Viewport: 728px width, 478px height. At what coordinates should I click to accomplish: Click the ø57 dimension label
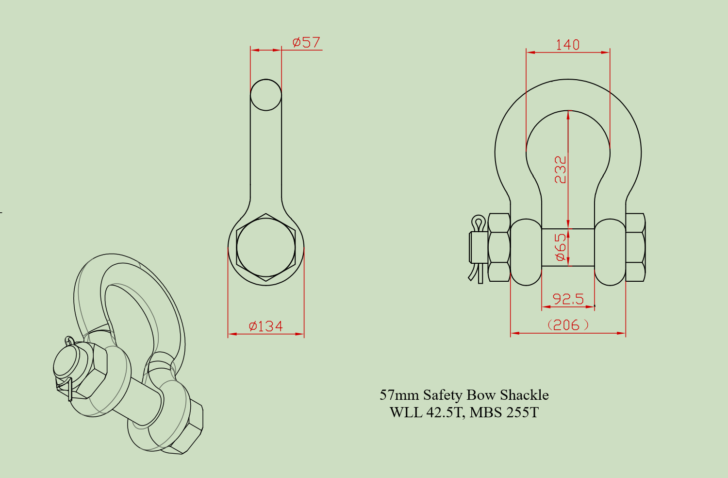click(306, 42)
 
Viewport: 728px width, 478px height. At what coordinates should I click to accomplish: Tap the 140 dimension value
click(567, 45)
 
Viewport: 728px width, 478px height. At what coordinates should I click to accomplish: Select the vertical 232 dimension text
click(560, 170)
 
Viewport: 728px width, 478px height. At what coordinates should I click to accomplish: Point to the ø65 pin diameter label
click(561, 247)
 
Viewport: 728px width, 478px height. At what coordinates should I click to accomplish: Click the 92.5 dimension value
click(568, 299)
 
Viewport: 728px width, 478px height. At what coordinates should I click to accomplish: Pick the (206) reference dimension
click(568, 325)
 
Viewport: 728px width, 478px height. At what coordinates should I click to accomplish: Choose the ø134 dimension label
click(266, 326)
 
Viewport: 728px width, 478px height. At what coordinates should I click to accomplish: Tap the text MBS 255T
click(504, 412)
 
